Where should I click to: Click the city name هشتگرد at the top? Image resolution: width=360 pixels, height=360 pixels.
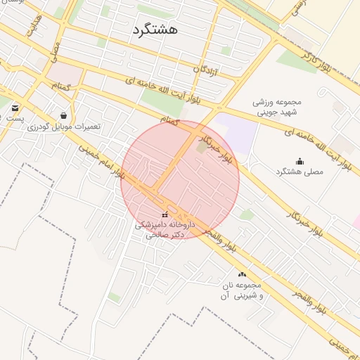click(154, 30)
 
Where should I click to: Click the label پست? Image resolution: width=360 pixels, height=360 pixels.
click(15, 118)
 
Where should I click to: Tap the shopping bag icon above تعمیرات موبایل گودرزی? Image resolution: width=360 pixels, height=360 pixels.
click(64, 115)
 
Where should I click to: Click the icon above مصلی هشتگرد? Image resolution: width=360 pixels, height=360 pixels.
click(300, 161)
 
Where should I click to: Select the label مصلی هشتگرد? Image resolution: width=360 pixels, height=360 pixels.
click(298, 172)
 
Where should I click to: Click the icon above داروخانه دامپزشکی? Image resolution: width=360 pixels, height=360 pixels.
click(165, 214)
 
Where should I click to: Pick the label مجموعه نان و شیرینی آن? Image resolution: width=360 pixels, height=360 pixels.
click(243, 291)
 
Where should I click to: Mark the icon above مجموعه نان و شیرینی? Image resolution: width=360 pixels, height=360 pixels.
click(243, 274)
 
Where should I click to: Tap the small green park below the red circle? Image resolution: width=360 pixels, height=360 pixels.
click(246, 214)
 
